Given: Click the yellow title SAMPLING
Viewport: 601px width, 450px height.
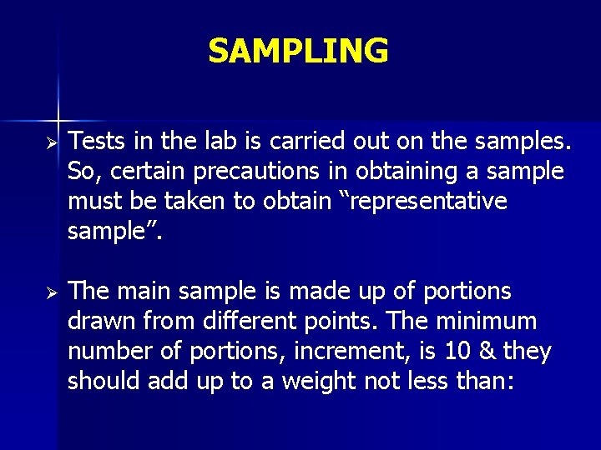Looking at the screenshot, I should (x=298, y=51).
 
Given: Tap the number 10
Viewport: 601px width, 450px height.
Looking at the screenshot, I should (x=456, y=352).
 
